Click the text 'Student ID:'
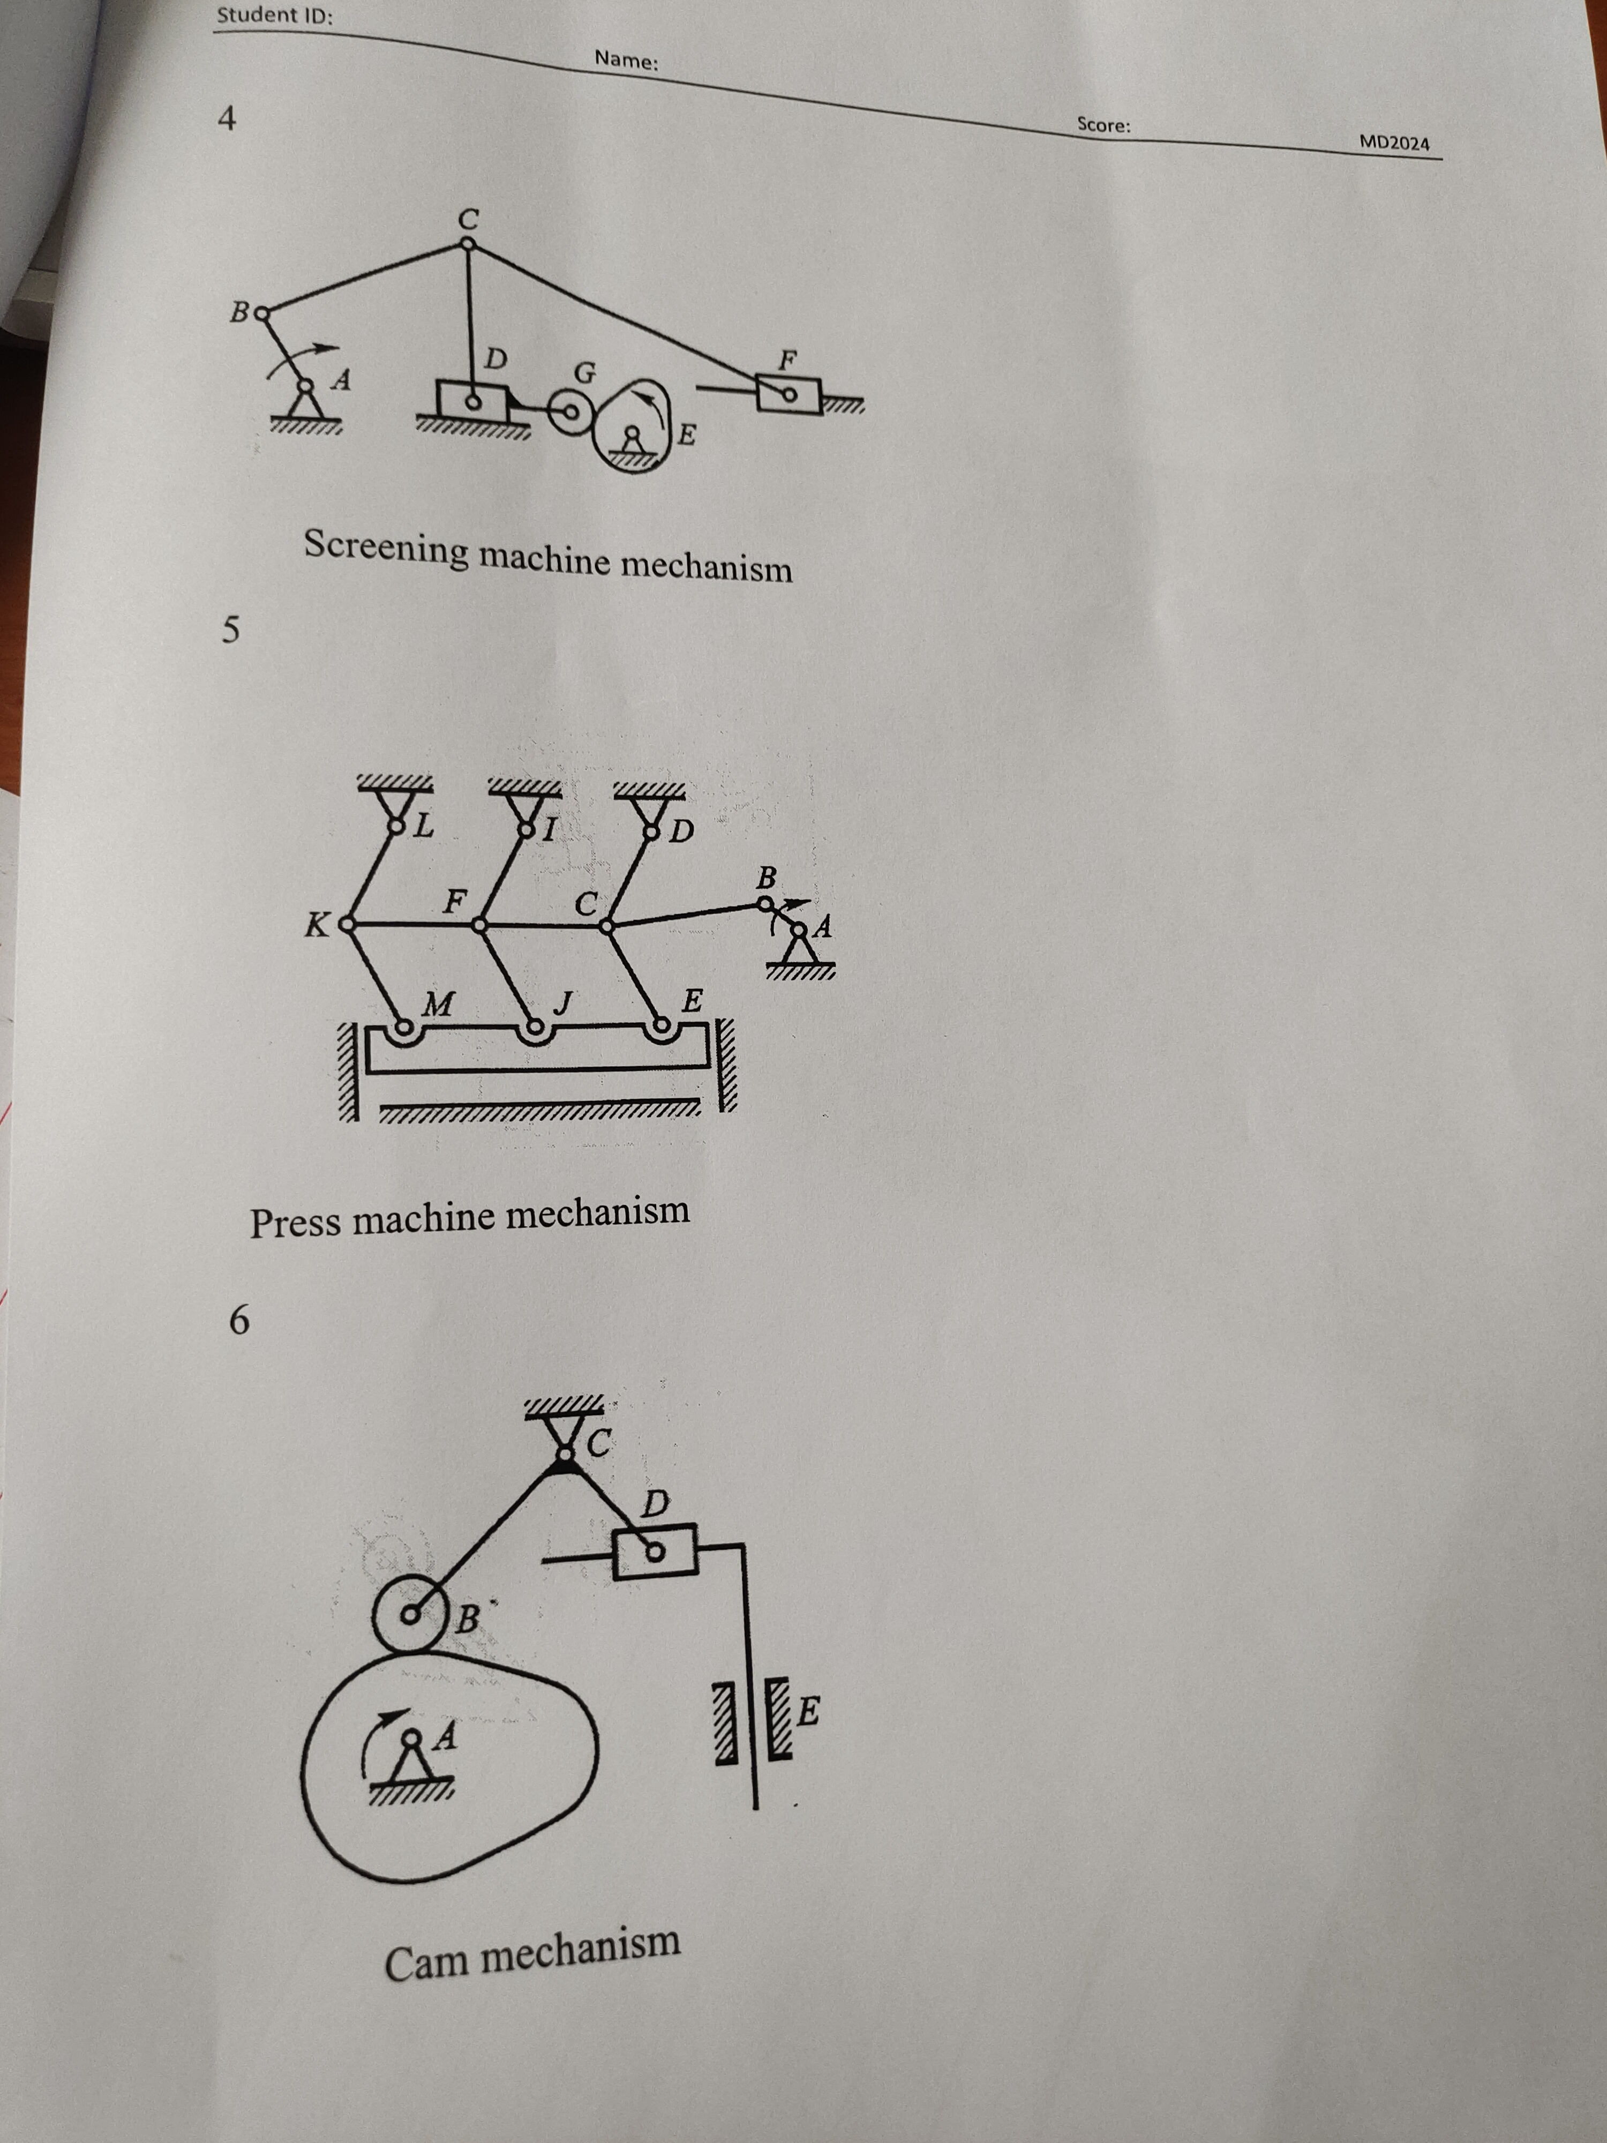point(274,16)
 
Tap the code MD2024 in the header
point(1394,143)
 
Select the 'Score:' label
point(1103,125)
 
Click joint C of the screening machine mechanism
point(467,244)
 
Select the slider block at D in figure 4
point(472,397)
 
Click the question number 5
point(230,631)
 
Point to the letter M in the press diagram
point(438,1003)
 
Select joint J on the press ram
point(533,1025)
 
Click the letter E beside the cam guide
point(808,1712)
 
